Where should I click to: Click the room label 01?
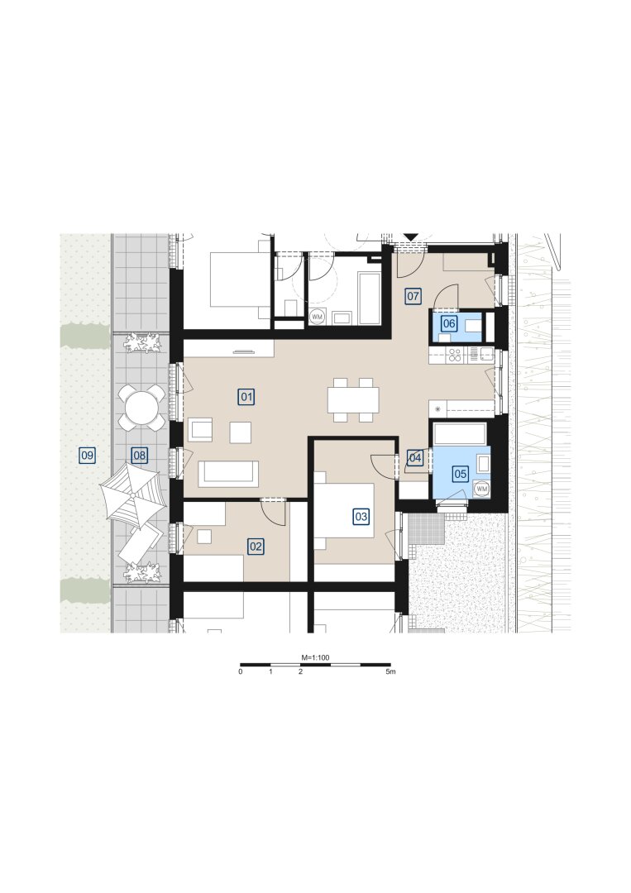click(246, 396)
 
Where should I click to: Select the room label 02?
click(256, 547)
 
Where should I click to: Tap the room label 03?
click(361, 517)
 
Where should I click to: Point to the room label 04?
click(415, 457)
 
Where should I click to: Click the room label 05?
click(460, 473)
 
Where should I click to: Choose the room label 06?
click(449, 323)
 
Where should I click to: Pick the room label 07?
click(413, 295)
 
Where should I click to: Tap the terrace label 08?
click(139, 455)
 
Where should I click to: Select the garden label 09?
click(87, 455)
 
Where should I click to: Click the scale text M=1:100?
click(315, 657)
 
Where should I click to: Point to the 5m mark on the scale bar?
click(390, 672)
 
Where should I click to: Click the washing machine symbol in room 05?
click(482, 489)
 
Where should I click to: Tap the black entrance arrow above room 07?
click(411, 237)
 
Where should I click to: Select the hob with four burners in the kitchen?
click(455, 356)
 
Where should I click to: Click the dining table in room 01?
click(353, 400)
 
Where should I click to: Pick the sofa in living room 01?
click(229, 473)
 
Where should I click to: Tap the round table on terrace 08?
click(140, 407)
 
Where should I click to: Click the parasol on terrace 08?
click(132, 495)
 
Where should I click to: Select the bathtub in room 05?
click(460, 433)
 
